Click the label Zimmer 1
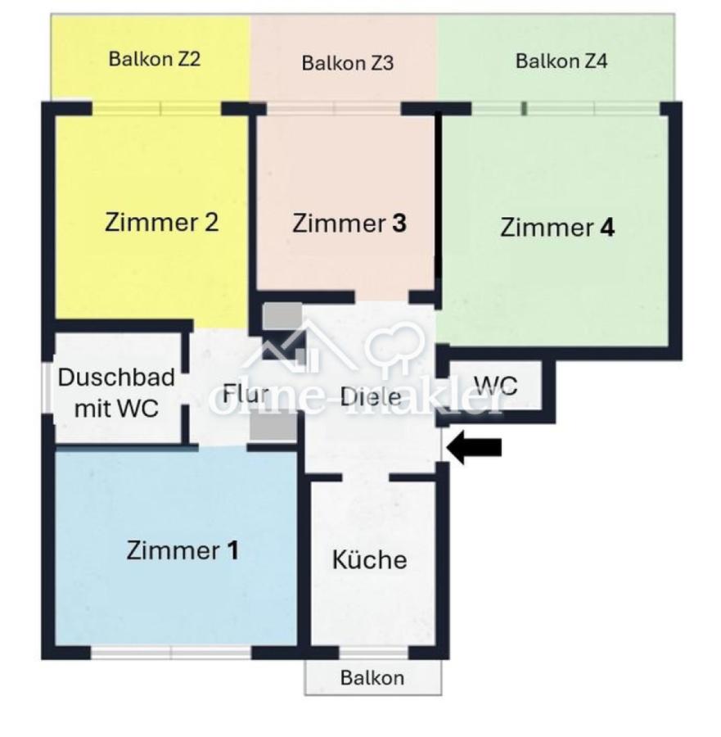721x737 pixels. coord(183,550)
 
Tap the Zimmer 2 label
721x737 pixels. coord(161,222)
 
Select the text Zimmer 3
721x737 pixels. coord(349,224)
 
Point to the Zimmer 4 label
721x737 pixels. coord(557,228)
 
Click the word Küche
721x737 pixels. coord(370,559)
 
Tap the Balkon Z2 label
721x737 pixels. coord(155,59)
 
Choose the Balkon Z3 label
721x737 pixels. coord(348,63)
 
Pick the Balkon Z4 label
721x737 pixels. coord(561,61)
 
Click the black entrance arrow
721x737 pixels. coord(475,447)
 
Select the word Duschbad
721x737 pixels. coord(116,378)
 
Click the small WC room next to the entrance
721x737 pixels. coord(496,386)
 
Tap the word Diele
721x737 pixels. coord(371,397)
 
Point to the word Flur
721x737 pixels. coord(246,393)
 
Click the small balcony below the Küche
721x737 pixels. coord(373,677)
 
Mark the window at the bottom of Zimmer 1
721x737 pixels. coord(171,652)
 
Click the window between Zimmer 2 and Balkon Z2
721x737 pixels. coord(156,109)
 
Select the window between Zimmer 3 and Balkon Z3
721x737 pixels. coord(333,109)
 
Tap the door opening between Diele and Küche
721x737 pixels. coord(366,477)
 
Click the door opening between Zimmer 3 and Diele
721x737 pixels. coord(382,297)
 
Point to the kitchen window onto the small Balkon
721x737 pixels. coord(373,652)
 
